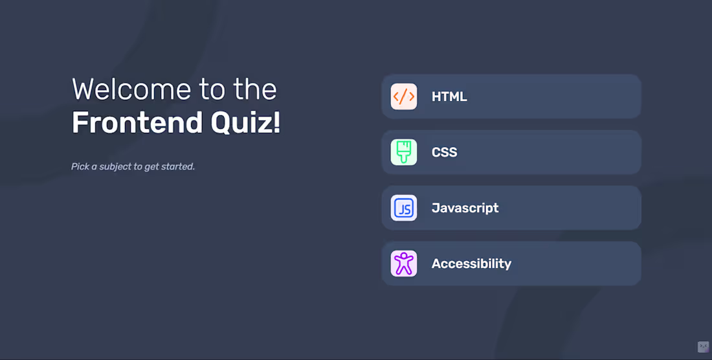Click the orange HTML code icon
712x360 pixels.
click(x=404, y=96)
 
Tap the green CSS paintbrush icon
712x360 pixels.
click(x=404, y=152)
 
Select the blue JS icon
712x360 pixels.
click(x=404, y=208)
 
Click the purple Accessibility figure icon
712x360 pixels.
click(x=404, y=264)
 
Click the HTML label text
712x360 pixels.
click(x=449, y=96)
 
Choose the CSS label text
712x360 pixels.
click(x=444, y=152)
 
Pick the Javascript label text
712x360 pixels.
click(x=465, y=208)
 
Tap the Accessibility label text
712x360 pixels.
click(x=471, y=264)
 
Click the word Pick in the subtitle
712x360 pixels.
click(x=80, y=166)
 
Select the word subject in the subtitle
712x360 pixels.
click(x=115, y=166)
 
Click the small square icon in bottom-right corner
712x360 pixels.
click(x=703, y=347)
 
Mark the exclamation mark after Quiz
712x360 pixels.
click(x=277, y=122)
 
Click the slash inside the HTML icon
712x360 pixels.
click(x=404, y=96)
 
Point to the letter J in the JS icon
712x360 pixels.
click(x=401, y=208)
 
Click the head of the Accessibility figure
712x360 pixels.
click(x=404, y=255)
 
